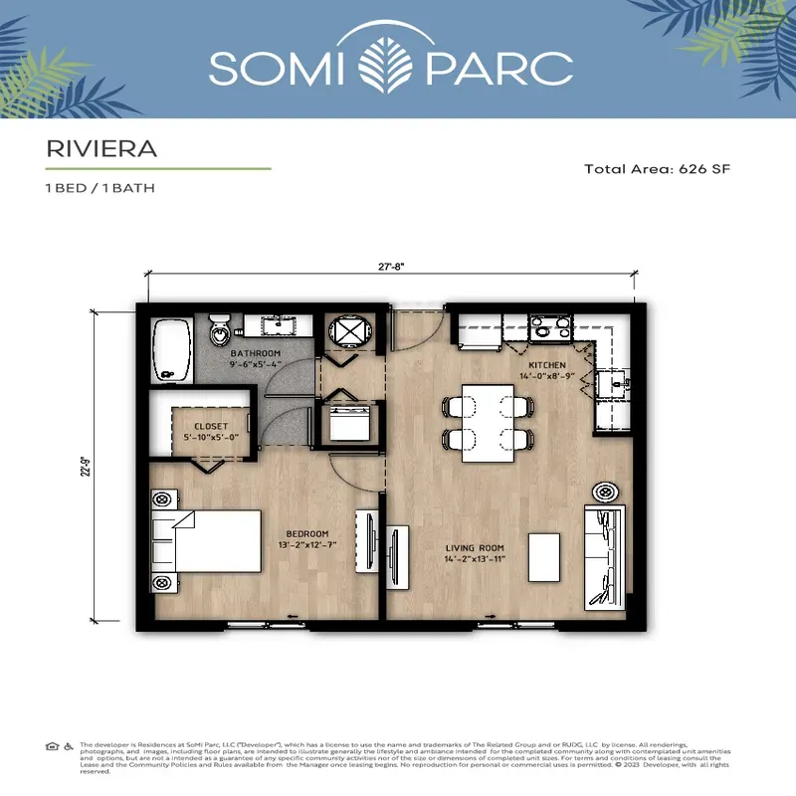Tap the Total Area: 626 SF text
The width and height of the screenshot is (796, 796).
coord(658,169)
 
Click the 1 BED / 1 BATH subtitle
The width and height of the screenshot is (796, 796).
coord(99,187)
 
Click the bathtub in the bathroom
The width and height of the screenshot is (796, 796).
coord(174,349)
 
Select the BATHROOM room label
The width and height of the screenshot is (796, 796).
coord(256,353)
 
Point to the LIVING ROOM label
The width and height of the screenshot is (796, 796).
coord(475,548)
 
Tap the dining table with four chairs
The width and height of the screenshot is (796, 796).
coord(487,423)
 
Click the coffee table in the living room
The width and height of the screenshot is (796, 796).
coord(542,557)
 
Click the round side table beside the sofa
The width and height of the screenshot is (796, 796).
coord(605,492)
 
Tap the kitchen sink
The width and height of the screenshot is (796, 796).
coord(609,382)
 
